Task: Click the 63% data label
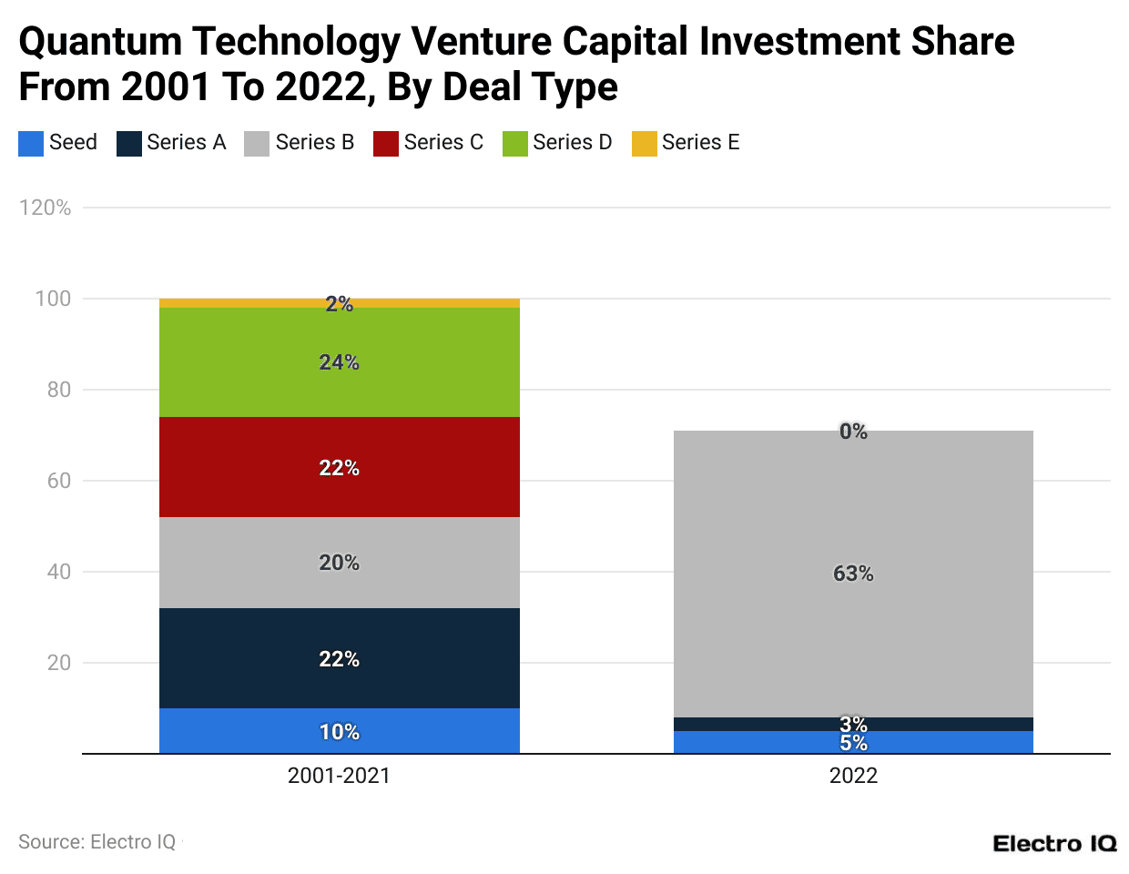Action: pyautogui.click(x=853, y=574)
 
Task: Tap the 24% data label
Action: pyautogui.click(x=339, y=362)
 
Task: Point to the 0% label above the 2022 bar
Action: pyautogui.click(x=853, y=432)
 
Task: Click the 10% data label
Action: pyautogui.click(x=339, y=732)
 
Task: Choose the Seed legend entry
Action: pyautogui.click(x=58, y=143)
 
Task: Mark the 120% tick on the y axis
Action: pyautogui.click(x=45, y=208)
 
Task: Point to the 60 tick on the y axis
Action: pyautogui.click(x=59, y=481)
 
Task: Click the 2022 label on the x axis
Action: pyautogui.click(x=853, y=776)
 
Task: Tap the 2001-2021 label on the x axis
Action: pyautogui.click(x=339, y=776)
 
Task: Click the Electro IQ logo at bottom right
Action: pyautogui.click(x=1054, y=843)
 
